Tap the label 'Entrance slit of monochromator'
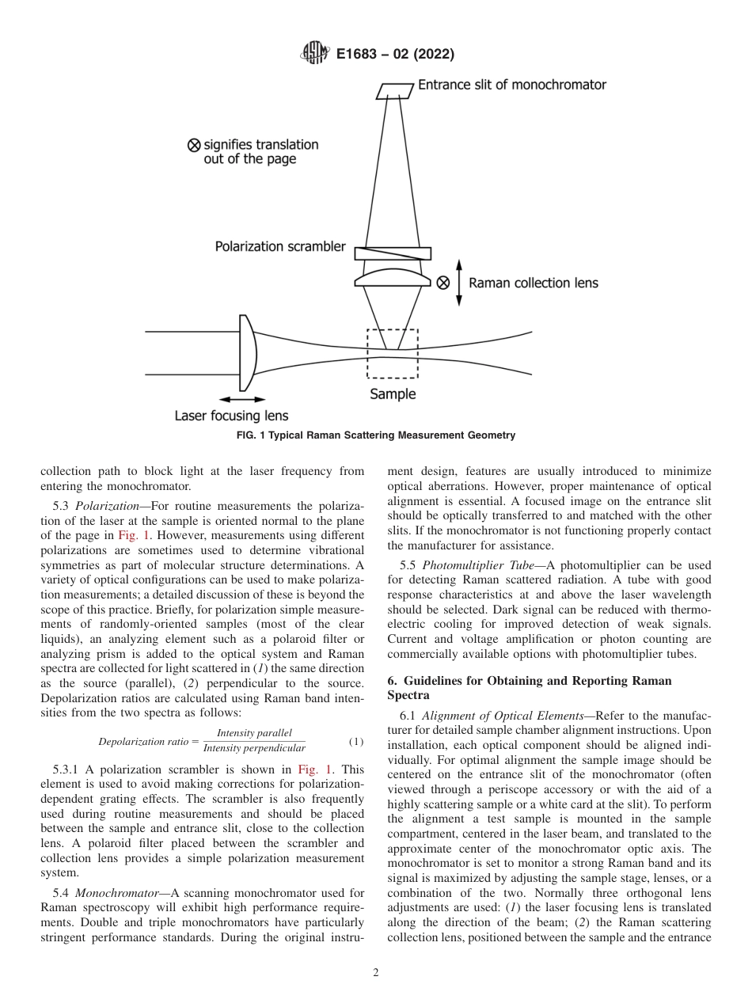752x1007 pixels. point(511,85)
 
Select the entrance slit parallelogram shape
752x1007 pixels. point(395,91)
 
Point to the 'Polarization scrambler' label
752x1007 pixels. point(280,246)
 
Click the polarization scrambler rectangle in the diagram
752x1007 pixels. point(393,254)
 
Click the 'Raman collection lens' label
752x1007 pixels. point(534,283)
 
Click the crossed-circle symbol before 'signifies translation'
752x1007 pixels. point(193,145)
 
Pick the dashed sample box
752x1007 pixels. point(393,353)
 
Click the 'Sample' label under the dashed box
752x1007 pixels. point(393,394)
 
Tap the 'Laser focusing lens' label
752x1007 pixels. point(231,416)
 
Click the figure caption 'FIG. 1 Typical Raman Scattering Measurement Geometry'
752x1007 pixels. point(376,435)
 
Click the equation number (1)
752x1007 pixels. point(356,742)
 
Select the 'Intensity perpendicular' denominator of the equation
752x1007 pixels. point(254,749)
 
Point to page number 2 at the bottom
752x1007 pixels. point(376,973)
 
